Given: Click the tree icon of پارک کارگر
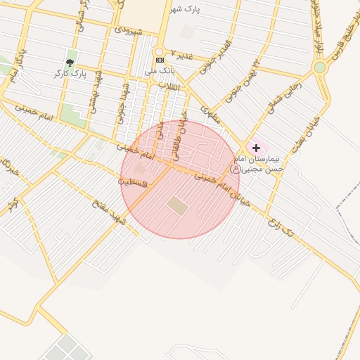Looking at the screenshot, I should click(68, 63).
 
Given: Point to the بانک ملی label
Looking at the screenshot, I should click(158, 71).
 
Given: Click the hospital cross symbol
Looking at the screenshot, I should click(257, 148).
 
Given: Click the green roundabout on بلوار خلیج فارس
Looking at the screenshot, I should click(320, 67).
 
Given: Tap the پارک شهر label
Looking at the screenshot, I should click(186, 9).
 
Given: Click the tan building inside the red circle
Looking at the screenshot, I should click(177, 206).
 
